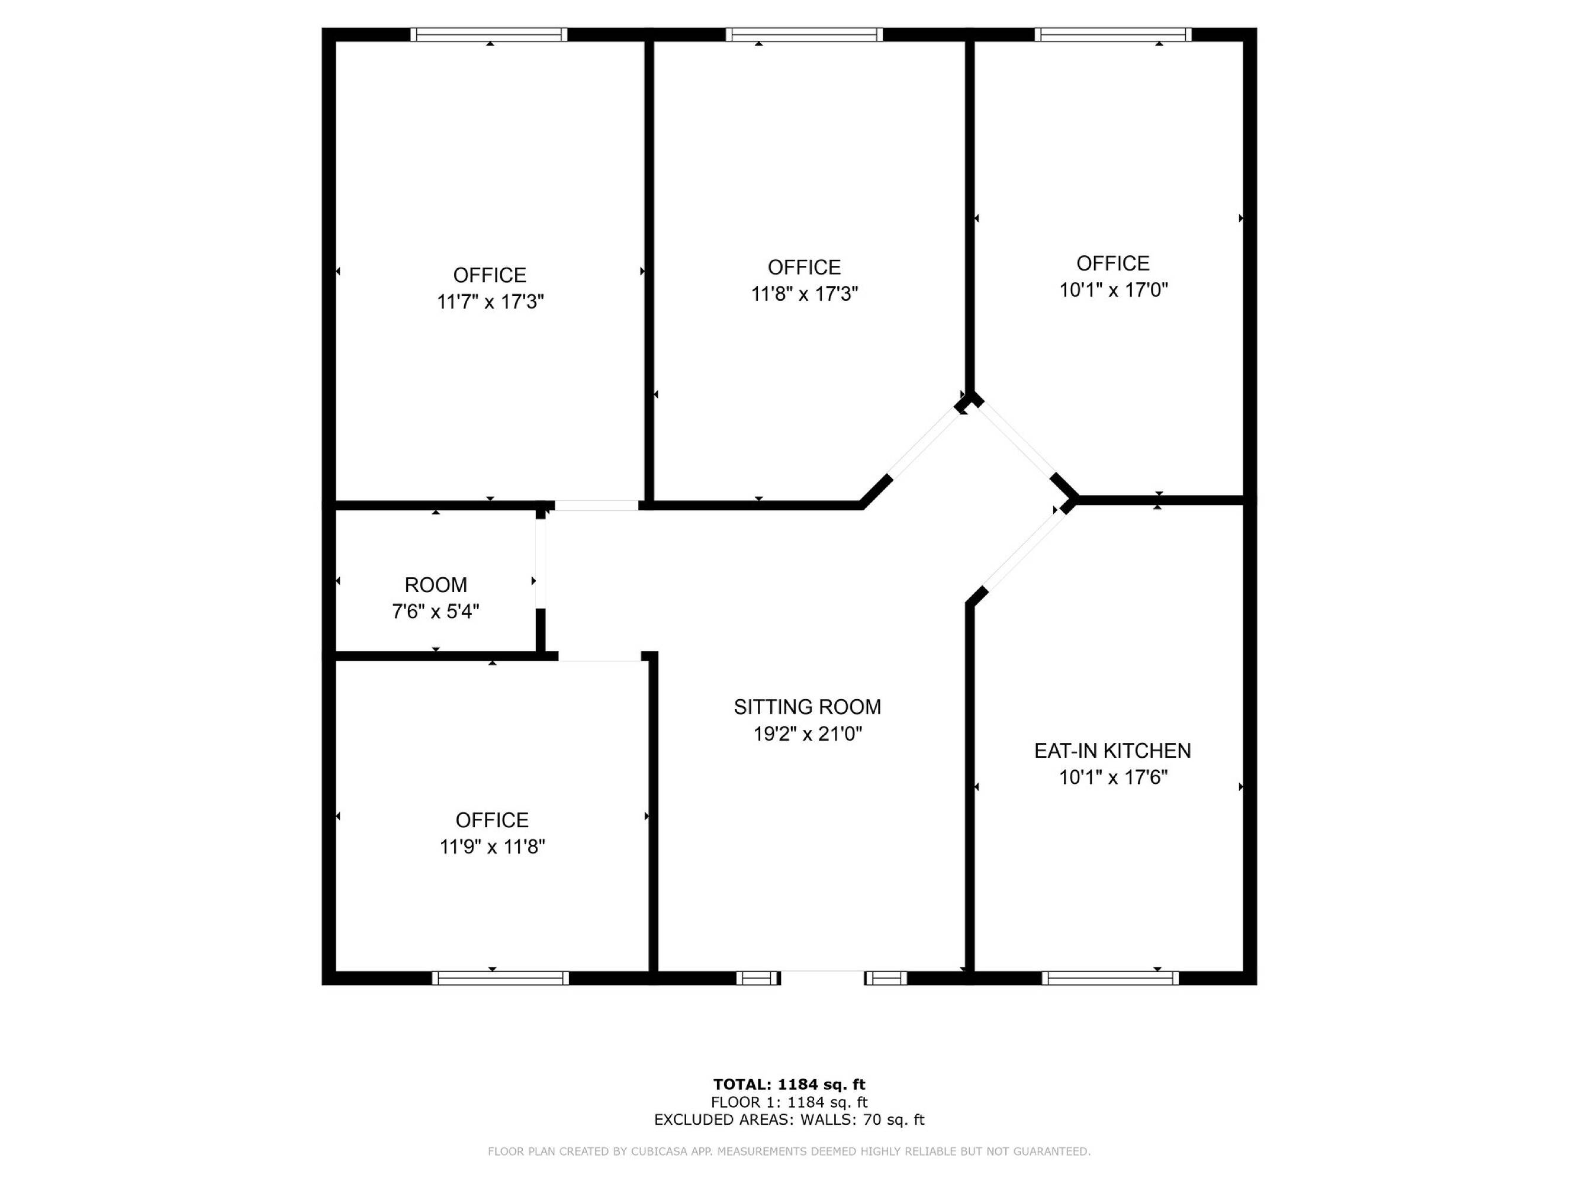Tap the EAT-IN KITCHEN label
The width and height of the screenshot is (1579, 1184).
pos(1113,750)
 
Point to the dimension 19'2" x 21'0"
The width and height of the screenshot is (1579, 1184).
pos(808,733)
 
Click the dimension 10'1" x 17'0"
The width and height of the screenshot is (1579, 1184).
pos(1113,289)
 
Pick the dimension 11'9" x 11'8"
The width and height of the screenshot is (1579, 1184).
pos(493,847)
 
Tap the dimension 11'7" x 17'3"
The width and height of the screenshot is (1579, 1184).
pos(490,301)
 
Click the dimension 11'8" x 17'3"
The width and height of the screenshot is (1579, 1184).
pos(805,293)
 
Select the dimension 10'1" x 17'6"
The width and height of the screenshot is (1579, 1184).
pos(1113,777)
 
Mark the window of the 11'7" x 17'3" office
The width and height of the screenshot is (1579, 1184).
pos(489,34)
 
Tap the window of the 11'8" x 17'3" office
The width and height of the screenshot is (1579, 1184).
pos(805,34)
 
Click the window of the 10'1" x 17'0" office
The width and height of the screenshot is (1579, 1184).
pos(1113,34)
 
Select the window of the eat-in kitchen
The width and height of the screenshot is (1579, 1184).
pos(1110,978)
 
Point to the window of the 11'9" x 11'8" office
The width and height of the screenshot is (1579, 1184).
pos(500,978)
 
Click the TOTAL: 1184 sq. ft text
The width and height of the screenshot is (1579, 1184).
pos(790,1085)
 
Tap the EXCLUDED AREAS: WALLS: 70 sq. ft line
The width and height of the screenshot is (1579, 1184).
pos(790,1120)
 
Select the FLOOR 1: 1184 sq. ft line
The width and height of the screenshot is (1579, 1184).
pos(790,1103)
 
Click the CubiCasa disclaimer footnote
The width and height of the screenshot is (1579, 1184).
pos(790,1151)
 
